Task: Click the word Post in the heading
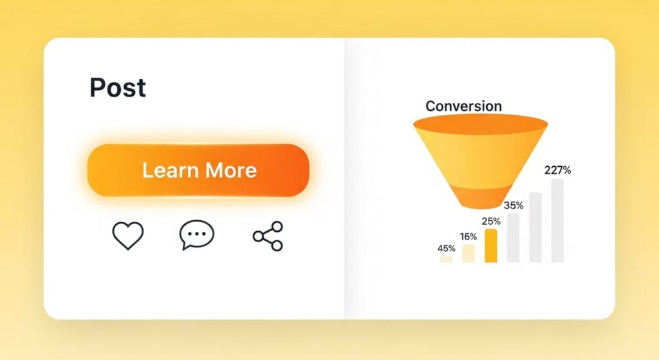118,88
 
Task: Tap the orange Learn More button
198,170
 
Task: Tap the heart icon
128,236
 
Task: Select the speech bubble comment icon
196,236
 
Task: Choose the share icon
268,236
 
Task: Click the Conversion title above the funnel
463,106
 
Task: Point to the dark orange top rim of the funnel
480,123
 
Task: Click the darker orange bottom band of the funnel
480,196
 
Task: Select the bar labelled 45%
446,259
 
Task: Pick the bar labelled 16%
469,253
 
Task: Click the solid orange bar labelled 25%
490,245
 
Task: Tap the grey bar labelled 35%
513,238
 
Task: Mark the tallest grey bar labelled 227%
557,220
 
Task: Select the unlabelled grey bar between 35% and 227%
535,227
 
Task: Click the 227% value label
557,171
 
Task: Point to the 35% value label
513,206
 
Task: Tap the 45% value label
446,249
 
